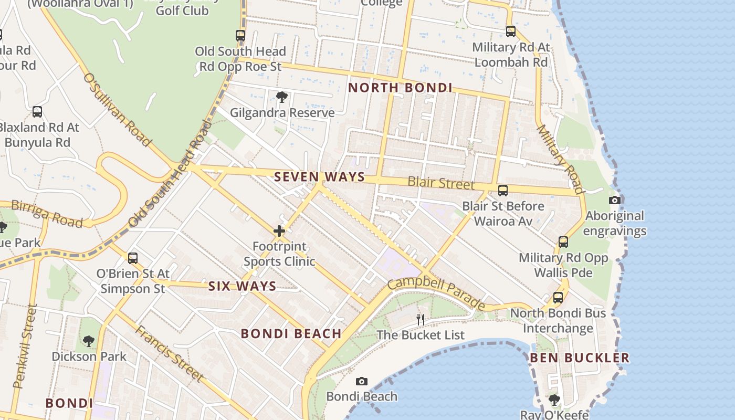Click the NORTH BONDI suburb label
(x=400, y=88)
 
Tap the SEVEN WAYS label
(x=319, y=177)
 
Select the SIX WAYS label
(x=242, y=286)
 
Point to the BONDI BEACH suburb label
(x=291, y=333)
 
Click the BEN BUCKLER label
(x=579, y=358)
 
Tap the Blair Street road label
(x=441, y=183)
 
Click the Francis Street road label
(x=169, y=353)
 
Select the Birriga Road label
(x=47, y=214)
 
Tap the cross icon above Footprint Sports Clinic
(x=279, y=231)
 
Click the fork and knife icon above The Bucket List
(x=420, y=319)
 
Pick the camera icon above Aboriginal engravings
(x=615, y=200)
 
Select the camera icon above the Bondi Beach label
(x=361, y=381)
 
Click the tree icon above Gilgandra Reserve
(x=282, y=97)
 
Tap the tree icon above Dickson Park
(x=89, y=341)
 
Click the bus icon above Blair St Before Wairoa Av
(x=502, y=190)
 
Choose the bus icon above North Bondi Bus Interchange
(x=558, y=298)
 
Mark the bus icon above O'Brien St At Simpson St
(x=133, y=258)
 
